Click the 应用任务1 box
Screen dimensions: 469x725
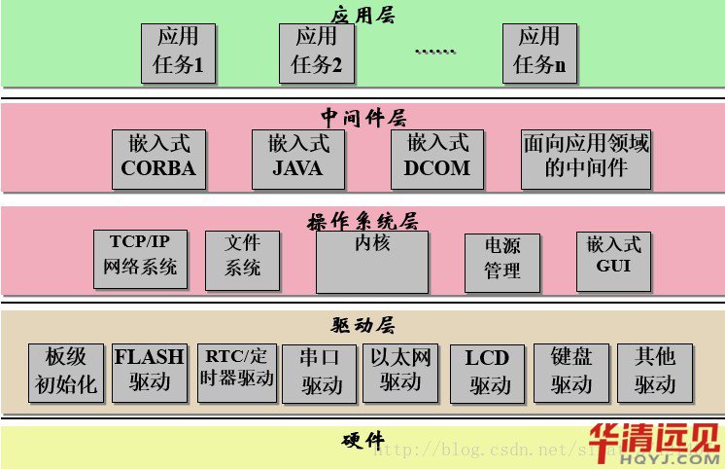coord(178,52)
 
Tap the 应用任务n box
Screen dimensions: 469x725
coord(539,52)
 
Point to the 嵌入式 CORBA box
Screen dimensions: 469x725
coord(158,157)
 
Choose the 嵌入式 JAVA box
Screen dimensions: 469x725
coord(297,157)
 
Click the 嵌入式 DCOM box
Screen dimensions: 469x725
coord(436,157)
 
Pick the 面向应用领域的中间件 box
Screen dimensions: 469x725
coord(586,157)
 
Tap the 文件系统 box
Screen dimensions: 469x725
coord(242,258)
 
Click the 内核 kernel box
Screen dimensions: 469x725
coord(372,261)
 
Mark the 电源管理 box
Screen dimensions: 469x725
coord(501,261)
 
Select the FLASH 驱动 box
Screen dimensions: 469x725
coord(149,372)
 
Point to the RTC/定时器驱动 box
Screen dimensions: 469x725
coord(236,370)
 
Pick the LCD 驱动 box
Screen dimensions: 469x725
coord(488,372)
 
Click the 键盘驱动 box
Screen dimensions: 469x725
coord(571,372)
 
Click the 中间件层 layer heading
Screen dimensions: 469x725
coord(362,119)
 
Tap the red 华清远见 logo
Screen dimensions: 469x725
coord(653,444)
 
